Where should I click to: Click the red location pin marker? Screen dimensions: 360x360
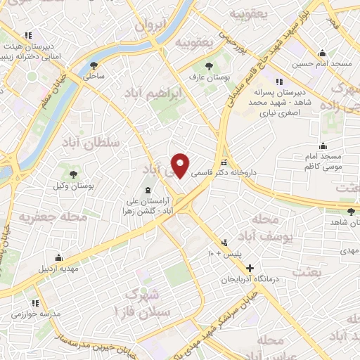pyautogui.click(x=181, y=165)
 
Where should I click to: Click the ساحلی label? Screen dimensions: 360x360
pyautogui.click(x=94, y=75)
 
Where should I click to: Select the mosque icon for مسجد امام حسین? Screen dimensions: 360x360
pyautogui.click(x=322, y=53)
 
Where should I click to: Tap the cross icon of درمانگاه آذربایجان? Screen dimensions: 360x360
pyautogui.click(x=250, y=268)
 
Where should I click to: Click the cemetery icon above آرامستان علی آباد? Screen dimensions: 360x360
pyautogui.click(x=147, y=189)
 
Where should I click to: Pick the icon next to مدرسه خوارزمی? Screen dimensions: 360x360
pyautogui.click(x=13, y=314)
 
